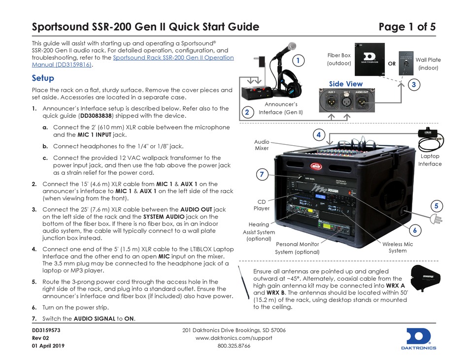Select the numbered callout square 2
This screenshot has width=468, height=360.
246,112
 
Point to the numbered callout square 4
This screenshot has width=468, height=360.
319,134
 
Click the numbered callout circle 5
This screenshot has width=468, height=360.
436,205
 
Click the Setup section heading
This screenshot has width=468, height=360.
43,78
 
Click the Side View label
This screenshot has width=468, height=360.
345,84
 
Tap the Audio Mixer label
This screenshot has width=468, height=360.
262,144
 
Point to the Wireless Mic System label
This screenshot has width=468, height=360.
398,247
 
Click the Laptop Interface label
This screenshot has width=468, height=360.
430,160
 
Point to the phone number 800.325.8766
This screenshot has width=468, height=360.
234,346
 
